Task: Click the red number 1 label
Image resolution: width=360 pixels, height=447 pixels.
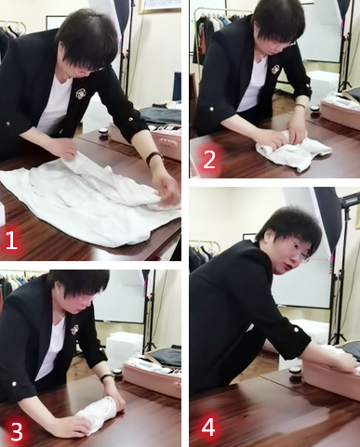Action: (x=11, y=241)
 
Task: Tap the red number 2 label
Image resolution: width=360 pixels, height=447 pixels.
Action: (x=209, y=160)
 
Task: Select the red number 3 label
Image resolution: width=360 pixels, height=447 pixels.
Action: (x=16, y=431)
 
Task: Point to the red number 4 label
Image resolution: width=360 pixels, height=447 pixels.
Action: (x=208, y=428)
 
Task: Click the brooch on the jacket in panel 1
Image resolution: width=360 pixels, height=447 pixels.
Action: (x=82, y=94)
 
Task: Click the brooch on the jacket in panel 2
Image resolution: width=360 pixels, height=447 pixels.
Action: (x=275, y=69)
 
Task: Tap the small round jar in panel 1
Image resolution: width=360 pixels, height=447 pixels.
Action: (x=103, y=135)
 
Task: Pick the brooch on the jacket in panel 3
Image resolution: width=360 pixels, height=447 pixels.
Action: (x=74, y=330)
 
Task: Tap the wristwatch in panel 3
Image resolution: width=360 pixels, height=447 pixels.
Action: (x=107, y=377)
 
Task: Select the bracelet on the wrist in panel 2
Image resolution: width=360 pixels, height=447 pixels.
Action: (x=300, y=106)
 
